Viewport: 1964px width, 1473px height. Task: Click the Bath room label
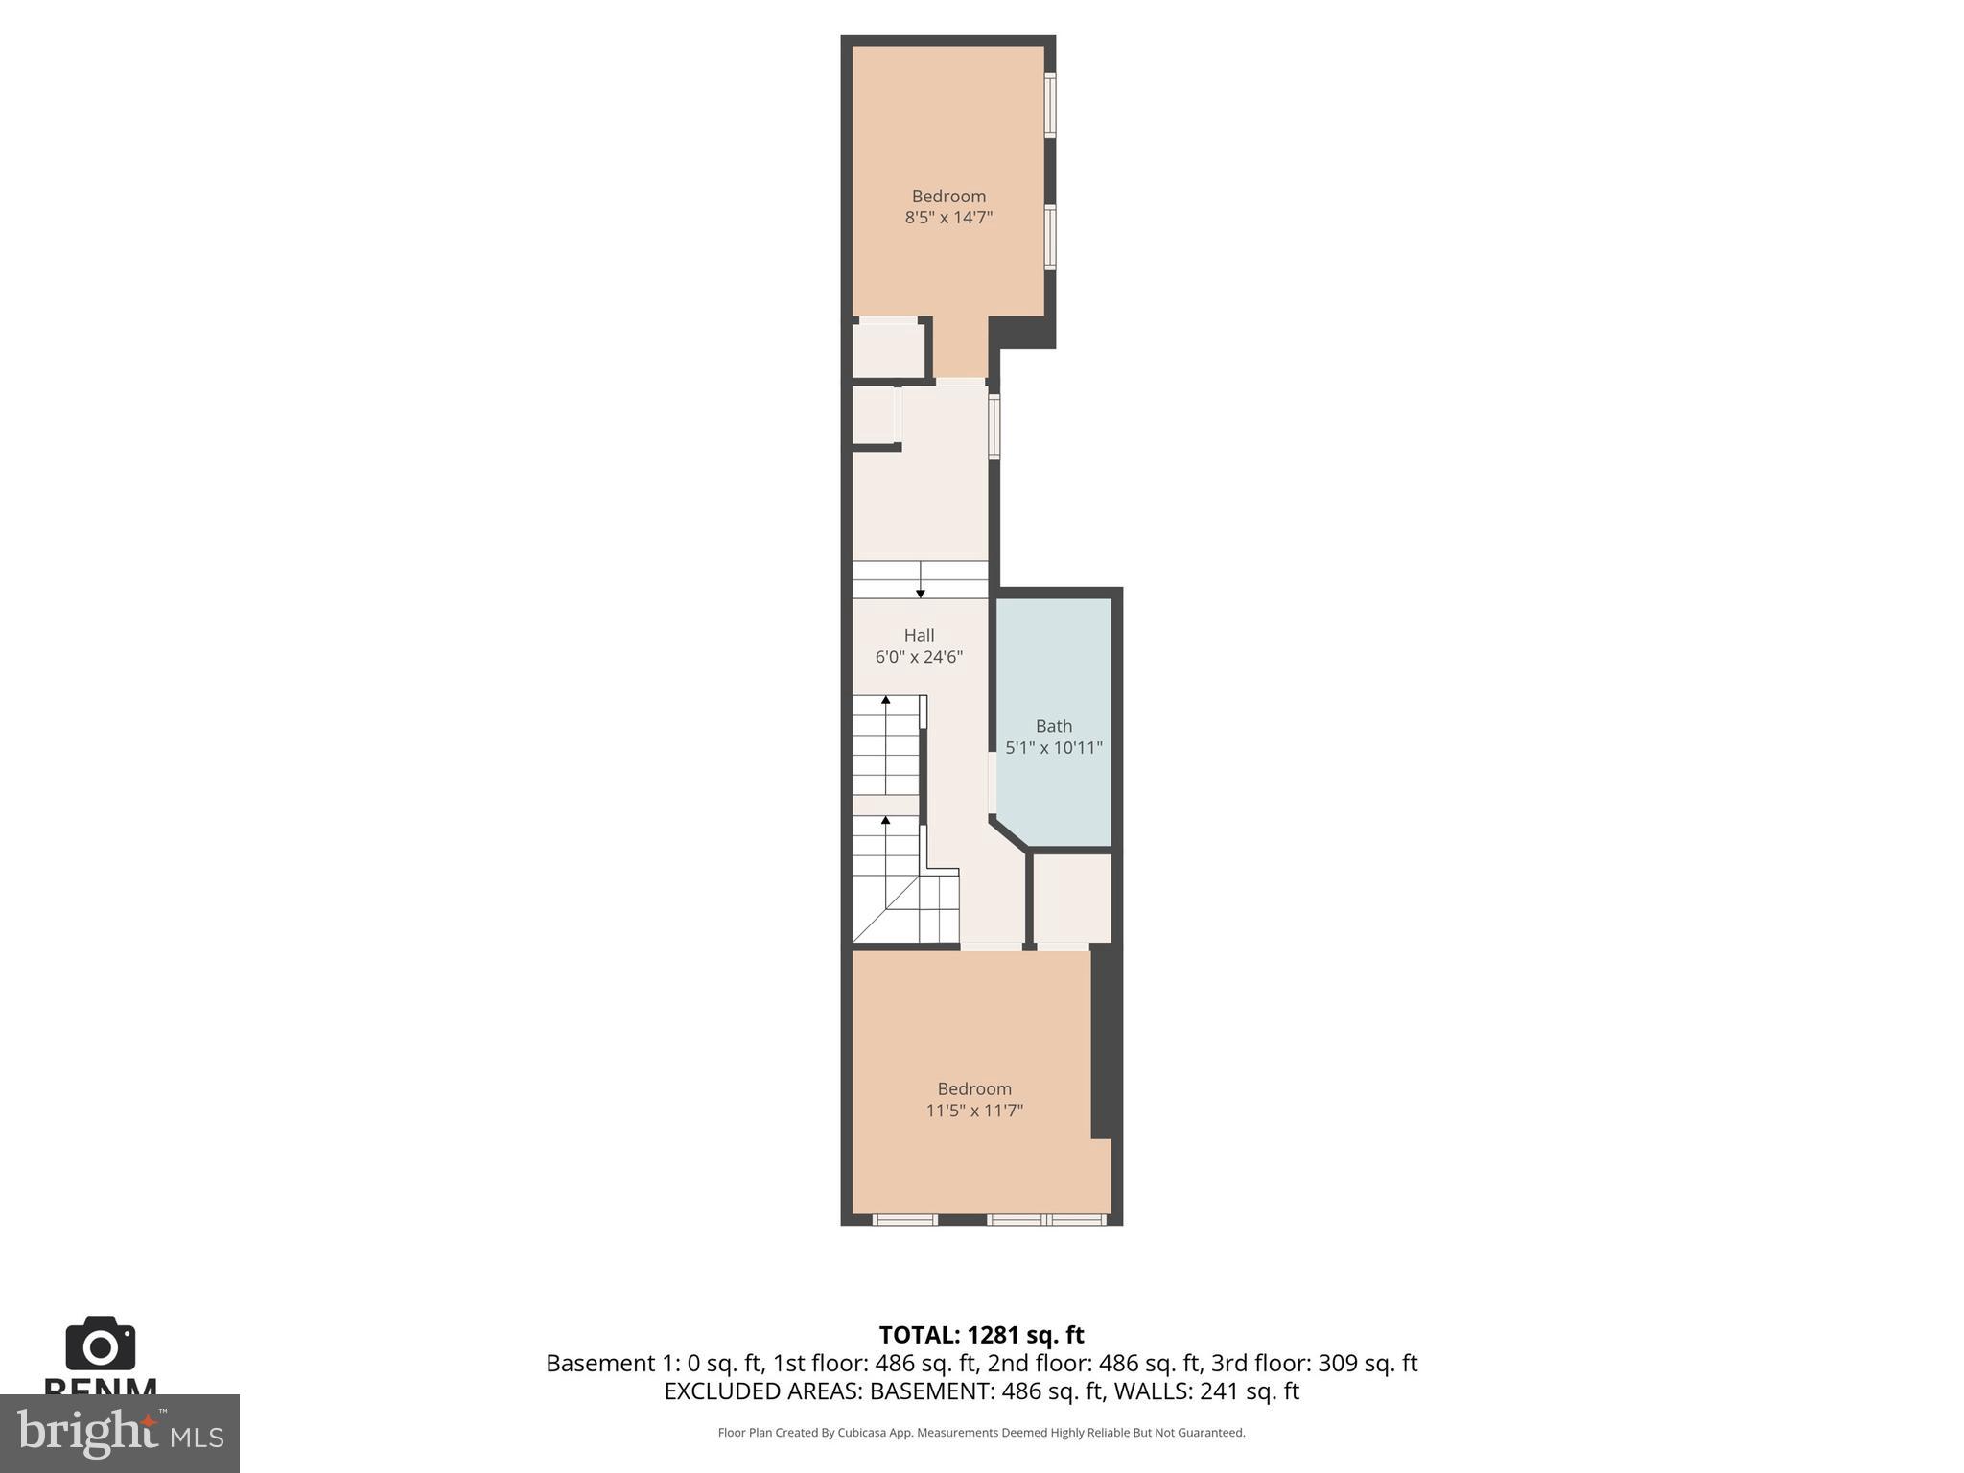1053,726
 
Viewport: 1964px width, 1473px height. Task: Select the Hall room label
919,635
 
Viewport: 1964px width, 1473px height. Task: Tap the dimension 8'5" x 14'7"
947,218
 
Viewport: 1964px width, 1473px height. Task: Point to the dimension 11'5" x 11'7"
973,1111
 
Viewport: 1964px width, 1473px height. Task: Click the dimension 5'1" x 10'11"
1053,748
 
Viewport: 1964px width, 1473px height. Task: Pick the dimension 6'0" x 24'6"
919,657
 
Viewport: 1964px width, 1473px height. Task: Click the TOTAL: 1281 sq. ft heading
981,1335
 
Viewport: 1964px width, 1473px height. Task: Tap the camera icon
100,1344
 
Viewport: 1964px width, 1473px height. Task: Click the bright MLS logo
119,1433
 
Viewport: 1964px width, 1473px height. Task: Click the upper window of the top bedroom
1050,105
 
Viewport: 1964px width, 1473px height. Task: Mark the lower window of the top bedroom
1050,237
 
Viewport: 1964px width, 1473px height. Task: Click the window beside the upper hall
994,427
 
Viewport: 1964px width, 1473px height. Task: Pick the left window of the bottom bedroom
904,1219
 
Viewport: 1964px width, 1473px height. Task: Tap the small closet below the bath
1072,899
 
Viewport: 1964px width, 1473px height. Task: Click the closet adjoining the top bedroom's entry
889,350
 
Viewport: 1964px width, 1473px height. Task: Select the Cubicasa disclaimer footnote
981,1433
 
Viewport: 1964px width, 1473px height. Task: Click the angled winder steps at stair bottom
887,911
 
